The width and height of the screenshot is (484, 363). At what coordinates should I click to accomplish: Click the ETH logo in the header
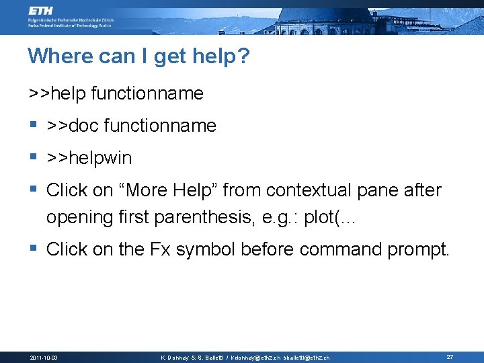(42, 11)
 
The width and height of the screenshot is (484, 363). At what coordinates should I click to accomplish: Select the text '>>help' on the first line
(57, 93)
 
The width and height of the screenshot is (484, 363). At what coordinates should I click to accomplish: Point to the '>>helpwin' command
(89, 159)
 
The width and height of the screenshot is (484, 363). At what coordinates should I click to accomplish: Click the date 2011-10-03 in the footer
(44, 357)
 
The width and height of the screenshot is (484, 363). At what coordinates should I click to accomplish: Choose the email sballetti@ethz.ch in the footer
(307, 358)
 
